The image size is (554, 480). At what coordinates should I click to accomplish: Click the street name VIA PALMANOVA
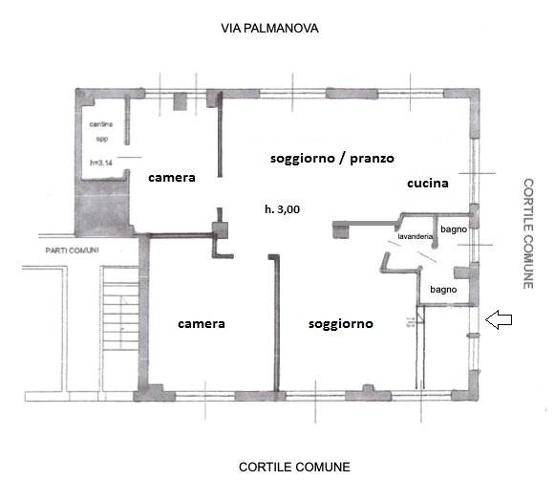[x=269, y=29]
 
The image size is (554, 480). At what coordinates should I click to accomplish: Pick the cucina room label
[x=428, y=182]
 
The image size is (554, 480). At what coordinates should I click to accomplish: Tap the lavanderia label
[x=416, y=235]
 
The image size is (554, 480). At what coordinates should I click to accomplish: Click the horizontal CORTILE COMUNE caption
[x=294, y=468]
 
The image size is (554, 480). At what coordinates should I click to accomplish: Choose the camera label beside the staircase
[x=202, y=323]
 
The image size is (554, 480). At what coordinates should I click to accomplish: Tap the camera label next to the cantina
[x=171, y=178]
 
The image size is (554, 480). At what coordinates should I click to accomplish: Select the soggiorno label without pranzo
[x=340, y=324]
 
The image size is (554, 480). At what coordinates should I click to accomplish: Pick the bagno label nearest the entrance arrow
[x=442, y=289]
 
